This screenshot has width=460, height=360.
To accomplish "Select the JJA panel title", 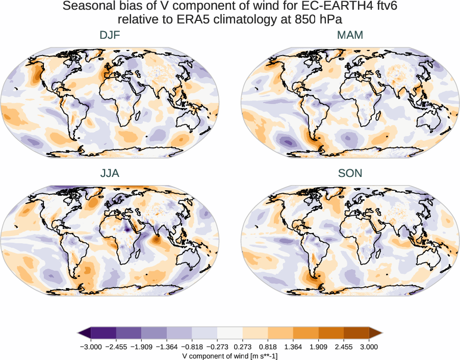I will pos(110,173).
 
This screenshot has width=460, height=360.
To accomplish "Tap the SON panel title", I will pos(350,173).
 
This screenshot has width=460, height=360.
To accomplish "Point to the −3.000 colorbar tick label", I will pos(91,347).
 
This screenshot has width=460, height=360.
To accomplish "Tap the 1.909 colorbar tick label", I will pos(319,347).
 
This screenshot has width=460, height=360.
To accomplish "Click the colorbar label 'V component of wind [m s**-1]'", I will pos(230,356).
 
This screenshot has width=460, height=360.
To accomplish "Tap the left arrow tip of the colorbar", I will pos(80,333).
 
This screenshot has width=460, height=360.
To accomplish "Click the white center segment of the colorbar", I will pos(230,333).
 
